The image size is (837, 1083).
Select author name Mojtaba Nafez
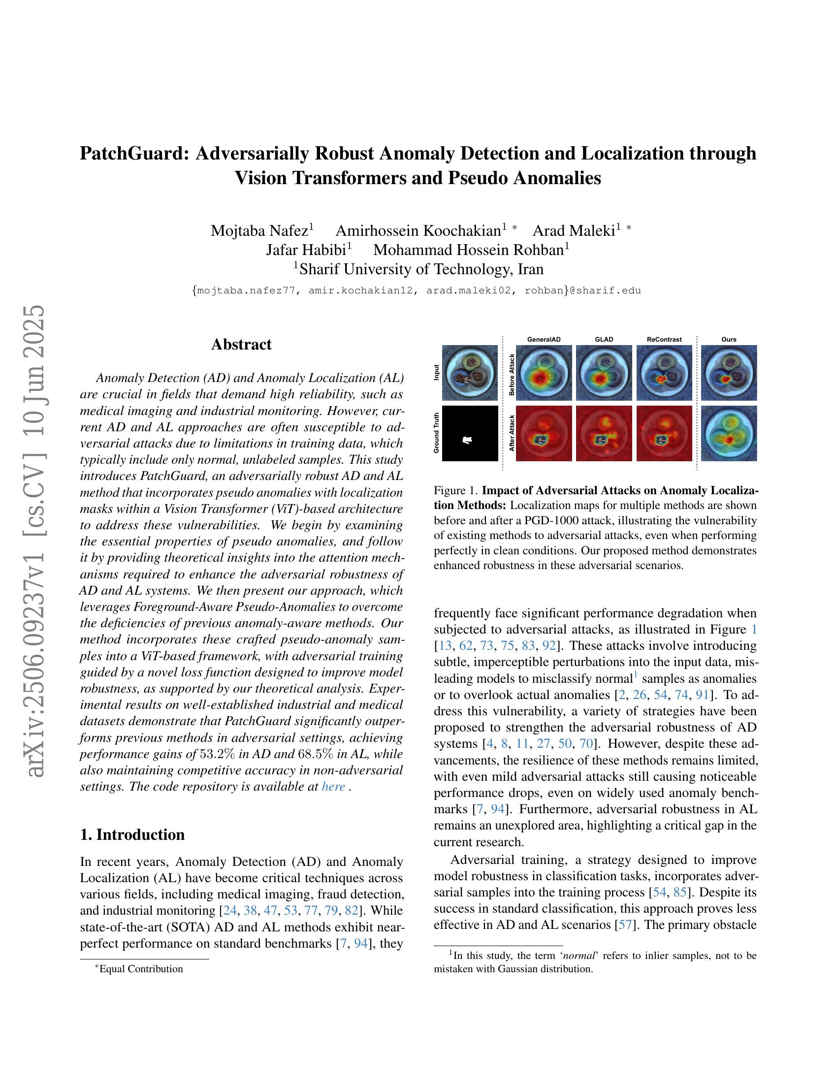click(259, 230)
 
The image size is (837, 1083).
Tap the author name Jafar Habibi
click(306, 250)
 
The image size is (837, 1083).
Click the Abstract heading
click(241, 344)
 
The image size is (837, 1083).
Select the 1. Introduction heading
click(132, 834)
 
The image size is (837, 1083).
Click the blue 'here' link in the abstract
click(333, 787)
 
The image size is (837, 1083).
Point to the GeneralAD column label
click(544, 340)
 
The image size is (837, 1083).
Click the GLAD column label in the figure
click(604, 340)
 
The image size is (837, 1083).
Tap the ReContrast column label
click(664, 340)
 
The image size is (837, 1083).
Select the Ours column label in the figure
click(729, 340)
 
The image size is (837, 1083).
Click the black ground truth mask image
click(470, 433)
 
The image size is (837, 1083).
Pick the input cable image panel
click(470, 373)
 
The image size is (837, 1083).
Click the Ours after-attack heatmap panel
click(729, 433)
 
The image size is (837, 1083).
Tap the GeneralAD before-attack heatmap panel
click(544, 373)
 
